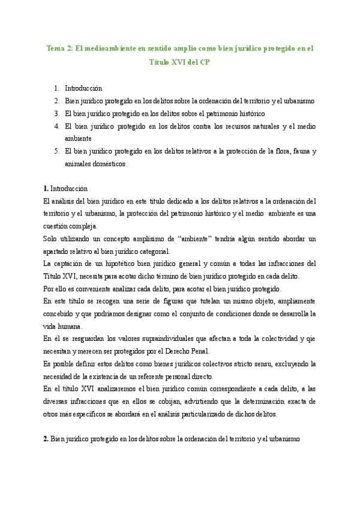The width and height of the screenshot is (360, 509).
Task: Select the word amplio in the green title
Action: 178,48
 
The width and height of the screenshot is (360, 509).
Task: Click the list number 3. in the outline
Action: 56,113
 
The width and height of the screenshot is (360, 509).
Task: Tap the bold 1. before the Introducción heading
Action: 46,188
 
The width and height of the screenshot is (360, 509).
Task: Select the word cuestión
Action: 57,226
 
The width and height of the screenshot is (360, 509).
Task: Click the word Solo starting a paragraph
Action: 52,239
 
